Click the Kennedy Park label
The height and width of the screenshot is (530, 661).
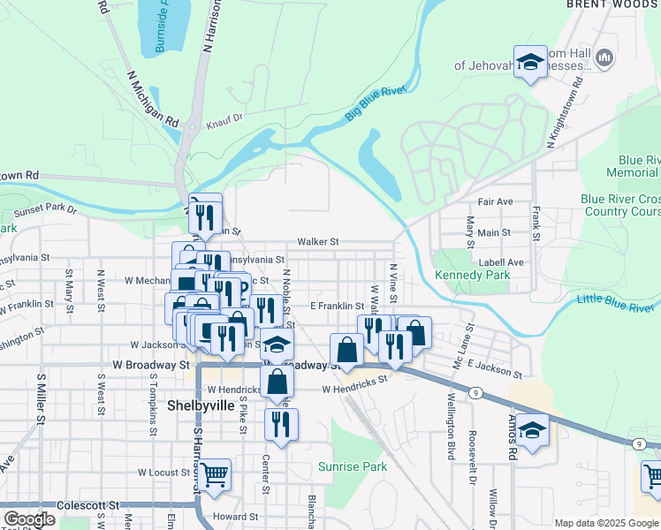point(473,276)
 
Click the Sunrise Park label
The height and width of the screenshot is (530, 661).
point(353,466)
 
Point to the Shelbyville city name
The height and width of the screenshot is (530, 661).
point(201,406)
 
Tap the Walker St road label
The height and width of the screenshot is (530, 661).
point(318,241)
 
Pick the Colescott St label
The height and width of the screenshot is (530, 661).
point(88,505)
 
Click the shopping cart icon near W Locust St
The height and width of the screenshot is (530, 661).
point(215,474)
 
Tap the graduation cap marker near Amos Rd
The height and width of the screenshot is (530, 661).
point(532,432)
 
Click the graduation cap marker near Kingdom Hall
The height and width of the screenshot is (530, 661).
point(530,62)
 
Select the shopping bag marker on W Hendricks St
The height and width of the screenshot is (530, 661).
point(277,382)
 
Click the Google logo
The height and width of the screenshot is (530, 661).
point(29,519)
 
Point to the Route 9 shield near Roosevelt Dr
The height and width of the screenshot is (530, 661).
point(476,392)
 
